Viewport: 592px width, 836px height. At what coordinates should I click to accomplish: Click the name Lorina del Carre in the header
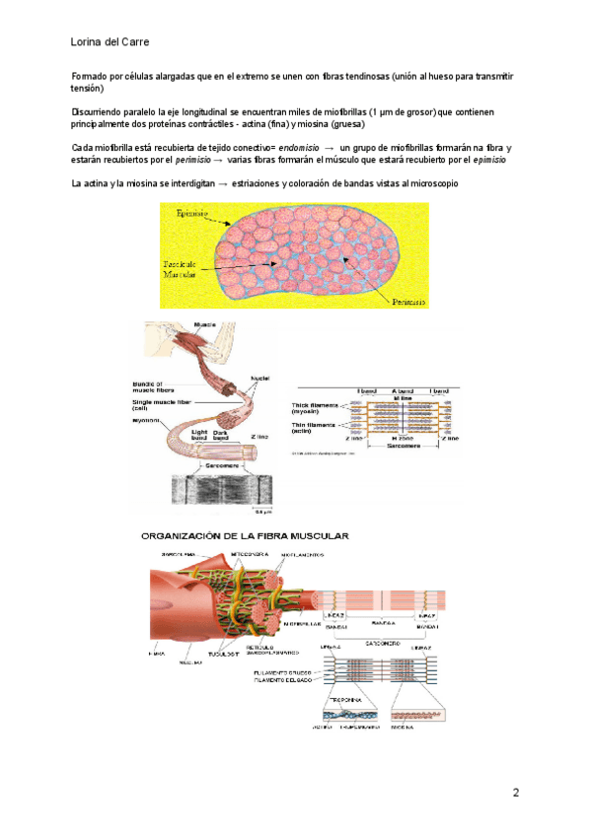pos(111,42)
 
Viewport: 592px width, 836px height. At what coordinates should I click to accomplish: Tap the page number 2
pos(516,793)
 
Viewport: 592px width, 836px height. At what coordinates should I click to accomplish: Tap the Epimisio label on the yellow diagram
pos(193,213)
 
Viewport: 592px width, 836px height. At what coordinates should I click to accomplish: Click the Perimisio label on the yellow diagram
pos(408,303)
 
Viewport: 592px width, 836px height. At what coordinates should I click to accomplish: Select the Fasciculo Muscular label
pos(181,270)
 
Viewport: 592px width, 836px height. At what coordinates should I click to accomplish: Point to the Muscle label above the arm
pos(205,325)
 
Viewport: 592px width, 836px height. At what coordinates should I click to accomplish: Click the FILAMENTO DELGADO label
pos(281,678)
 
